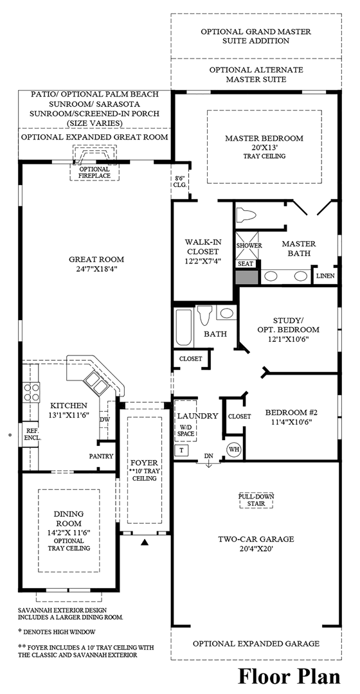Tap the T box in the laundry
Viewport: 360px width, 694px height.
tap(181, 450)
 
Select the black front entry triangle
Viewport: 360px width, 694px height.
tap(145, 542)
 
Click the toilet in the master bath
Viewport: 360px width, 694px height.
tap(246, 215)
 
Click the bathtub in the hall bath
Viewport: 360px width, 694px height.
tap(184, 328)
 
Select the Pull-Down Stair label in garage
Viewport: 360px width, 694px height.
tap(256, 500)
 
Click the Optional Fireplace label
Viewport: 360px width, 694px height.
tap(94, 173)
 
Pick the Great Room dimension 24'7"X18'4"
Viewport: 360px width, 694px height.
tap(96, 269)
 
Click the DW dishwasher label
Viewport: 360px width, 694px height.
tap(105, 419)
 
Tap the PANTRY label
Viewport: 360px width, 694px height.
tap(102, 456)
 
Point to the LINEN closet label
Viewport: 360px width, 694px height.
tap(325, 276)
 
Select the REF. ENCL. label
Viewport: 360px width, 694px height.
tap(31, 433)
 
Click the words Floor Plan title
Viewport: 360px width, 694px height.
tap(289, 676)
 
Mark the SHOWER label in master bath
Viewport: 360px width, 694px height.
tap(249, 245)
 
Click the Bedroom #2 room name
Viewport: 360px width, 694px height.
tap(292, 413)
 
